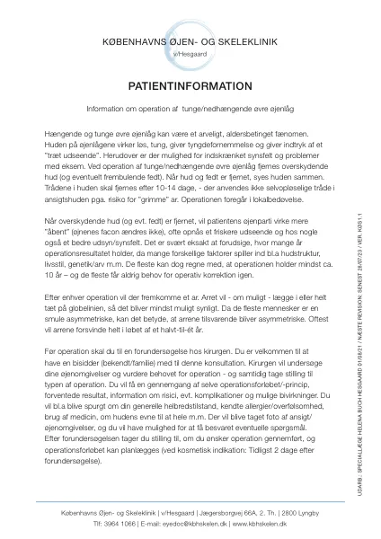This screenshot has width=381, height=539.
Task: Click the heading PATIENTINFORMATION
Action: [190, 86]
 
